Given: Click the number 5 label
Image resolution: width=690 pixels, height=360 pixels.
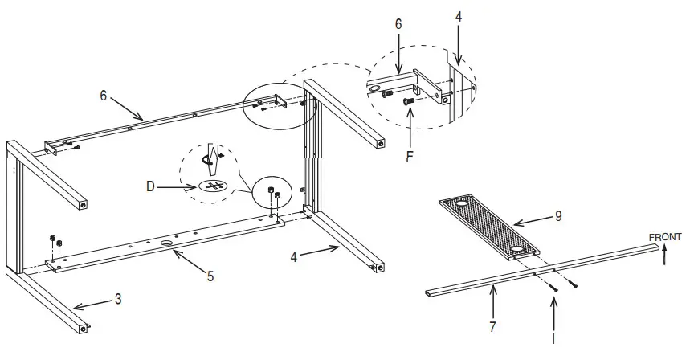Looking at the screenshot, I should click(x=210, y=276).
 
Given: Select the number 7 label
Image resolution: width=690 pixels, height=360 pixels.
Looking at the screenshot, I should click(x=493, y=327).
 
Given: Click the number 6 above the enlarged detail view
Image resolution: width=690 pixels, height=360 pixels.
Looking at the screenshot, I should click(x=398, y=26).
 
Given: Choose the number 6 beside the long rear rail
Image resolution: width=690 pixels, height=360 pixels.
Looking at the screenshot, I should click(x=104, y=95).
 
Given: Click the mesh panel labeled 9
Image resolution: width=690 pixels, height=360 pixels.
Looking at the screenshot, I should click(x=483, y=228).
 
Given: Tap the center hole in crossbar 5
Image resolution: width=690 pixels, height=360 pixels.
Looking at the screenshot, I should click(x=168, y=242).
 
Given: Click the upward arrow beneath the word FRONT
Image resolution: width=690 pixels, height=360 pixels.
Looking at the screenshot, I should click(x=663, y=255).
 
